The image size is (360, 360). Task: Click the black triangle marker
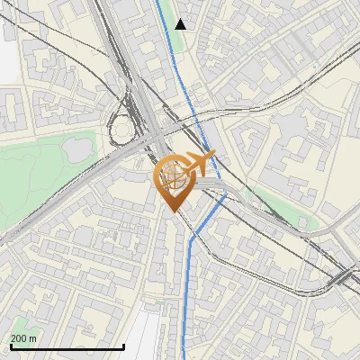coord(181,23)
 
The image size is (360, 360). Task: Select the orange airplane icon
coord(196,164)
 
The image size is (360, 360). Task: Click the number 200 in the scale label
coord(20,338)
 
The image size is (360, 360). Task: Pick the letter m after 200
coord(33,338)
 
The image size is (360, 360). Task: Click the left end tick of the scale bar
coord(11,346)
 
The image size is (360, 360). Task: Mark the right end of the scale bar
coord(123,346)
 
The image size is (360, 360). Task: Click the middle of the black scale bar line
coord(67,346)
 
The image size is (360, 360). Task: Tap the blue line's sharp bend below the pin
coord(192,238)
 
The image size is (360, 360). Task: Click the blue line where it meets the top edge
coord(159,2)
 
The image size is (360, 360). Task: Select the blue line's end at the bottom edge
coord(184,357)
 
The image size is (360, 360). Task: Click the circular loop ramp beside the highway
coord(121,131)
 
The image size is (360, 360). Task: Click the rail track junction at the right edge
coord(346,274)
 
